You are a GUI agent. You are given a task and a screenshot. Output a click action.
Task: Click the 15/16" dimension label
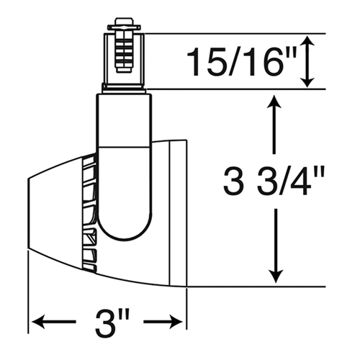(242, 62)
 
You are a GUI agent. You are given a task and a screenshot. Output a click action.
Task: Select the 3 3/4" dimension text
(274, 181)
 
